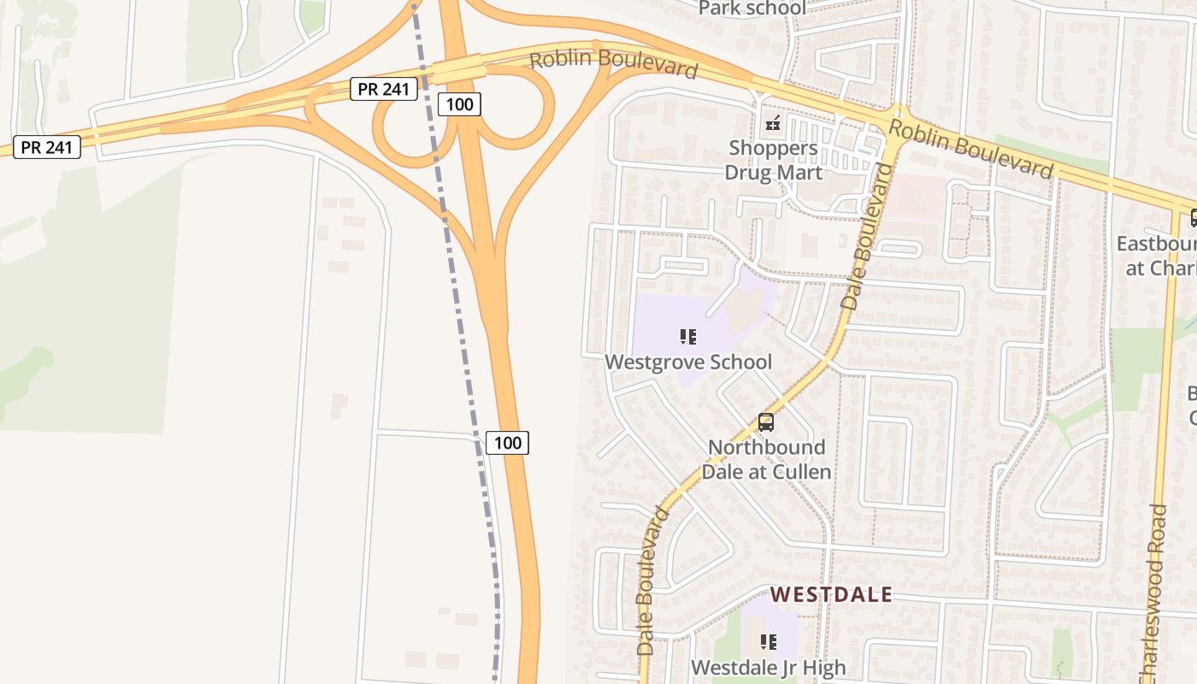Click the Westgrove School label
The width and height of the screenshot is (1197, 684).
[x=688, y=362]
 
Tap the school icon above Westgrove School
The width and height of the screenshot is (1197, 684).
[x=688, y=337]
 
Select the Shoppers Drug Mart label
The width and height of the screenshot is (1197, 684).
[x=773, y=160]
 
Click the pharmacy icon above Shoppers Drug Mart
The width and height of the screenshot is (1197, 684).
[x=773, y=124]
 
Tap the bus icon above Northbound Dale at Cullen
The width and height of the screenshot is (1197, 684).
[x=766, y=422]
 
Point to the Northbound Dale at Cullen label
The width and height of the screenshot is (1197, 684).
[x=766, y=459]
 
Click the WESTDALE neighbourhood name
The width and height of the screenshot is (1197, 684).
[x=831, y=594]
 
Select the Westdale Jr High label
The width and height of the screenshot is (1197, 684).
[x=768, y=667]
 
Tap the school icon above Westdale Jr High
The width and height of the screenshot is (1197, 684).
[x=769, y=641]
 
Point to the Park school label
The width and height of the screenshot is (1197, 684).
[x=752, y=9]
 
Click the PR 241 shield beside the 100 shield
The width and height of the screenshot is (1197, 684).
[x=383, y=89]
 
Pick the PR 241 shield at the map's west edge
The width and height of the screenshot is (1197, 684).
[x=47, y=147]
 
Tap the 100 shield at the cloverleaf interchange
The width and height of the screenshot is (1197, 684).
[x=459, y=105]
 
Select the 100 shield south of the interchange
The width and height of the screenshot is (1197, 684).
[x=508, y=443]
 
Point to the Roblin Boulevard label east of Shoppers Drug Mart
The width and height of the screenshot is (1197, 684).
[x=970, y=149]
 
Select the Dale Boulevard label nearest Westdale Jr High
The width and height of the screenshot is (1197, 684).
[x=652, y=581]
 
